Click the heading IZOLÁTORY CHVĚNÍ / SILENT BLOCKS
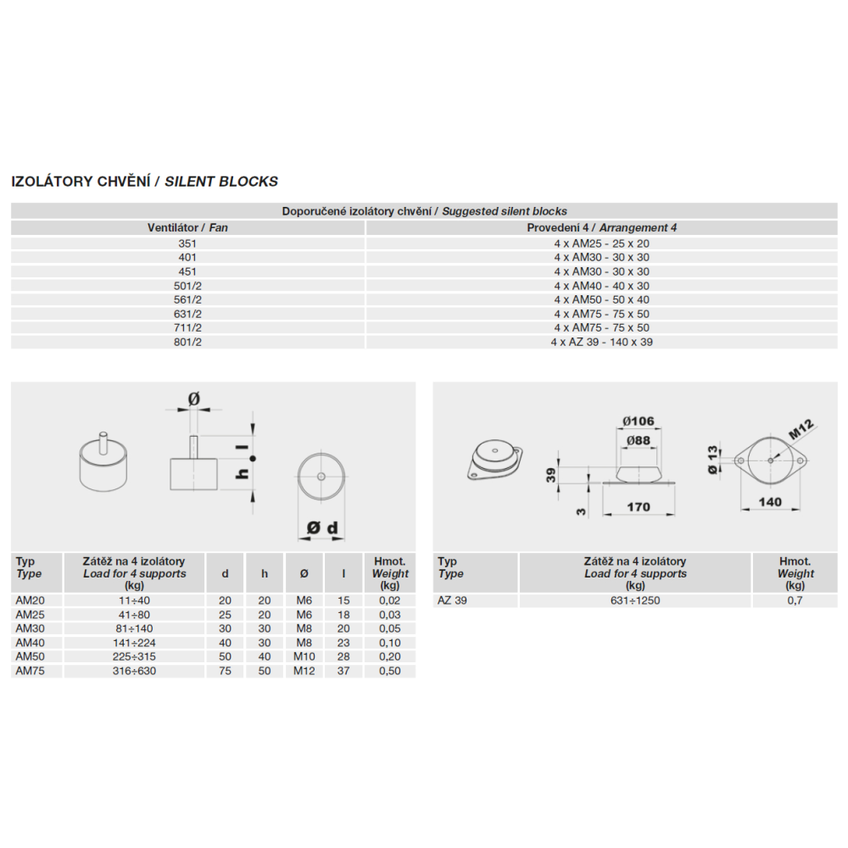click(144, 181)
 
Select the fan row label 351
click(187, 243)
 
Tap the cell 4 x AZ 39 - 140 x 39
click(601, 343)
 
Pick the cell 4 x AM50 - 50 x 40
click(601, 300)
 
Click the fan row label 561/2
click(187, 300)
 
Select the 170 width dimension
click(638, 507)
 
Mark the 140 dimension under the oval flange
click(769, 502)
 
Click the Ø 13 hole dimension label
click(712, 459)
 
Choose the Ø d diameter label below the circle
click(322, 528)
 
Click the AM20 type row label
click(29, 600)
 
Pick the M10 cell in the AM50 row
click(304, 657)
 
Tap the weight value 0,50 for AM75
click(390, 671)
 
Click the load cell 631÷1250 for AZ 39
click(634, 600)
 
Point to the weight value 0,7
click(795, 600)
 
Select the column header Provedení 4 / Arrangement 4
click(601, 228)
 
